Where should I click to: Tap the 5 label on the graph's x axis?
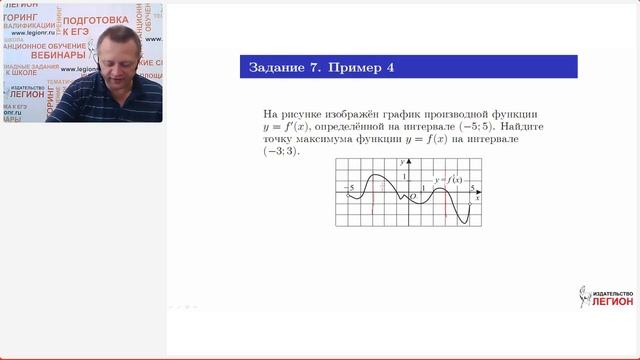472,187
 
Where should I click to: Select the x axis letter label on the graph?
479,199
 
